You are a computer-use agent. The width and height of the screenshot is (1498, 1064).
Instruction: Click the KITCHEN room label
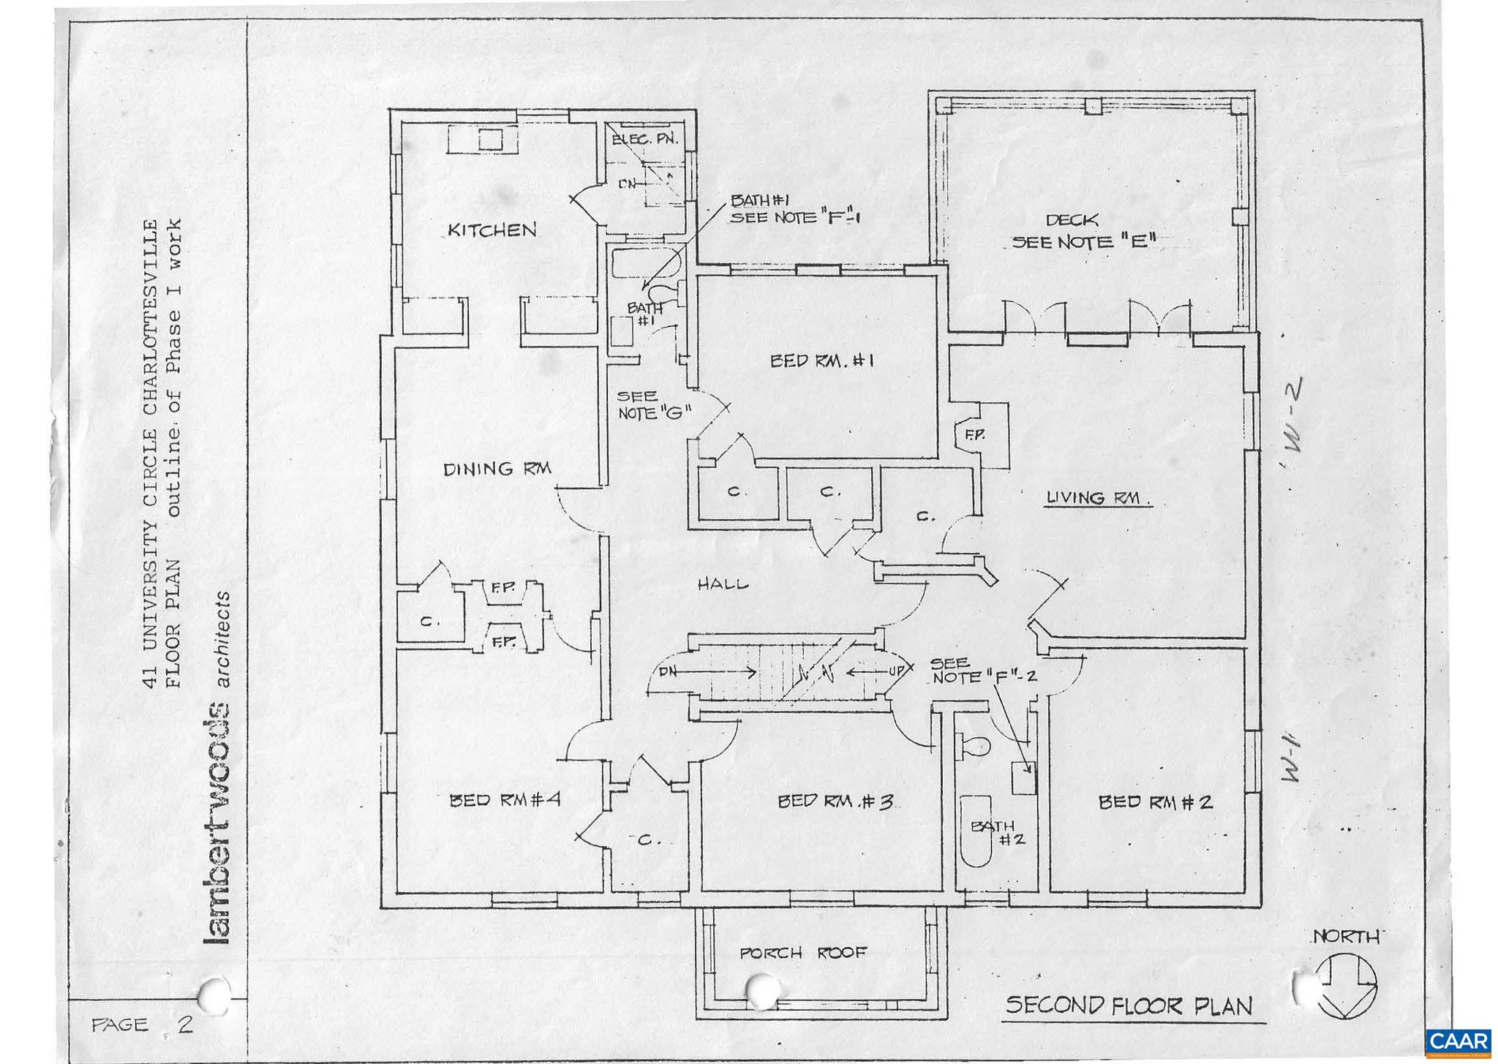pos(492,230)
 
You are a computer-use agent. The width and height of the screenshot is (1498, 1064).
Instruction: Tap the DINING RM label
pos(497,469)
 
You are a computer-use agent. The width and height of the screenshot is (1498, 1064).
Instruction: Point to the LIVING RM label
pos(1096,498)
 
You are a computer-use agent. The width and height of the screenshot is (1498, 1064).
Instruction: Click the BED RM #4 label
pos(504,799)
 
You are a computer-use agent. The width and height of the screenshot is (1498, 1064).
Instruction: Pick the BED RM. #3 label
pos(835,801)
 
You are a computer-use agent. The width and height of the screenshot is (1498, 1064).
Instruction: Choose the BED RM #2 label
pos(1156,802)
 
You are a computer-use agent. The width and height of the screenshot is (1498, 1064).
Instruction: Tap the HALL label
pos(722,584)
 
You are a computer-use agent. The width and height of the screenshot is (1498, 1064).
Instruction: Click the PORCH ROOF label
pos(802,953)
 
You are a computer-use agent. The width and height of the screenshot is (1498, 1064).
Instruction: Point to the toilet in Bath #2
pos(974,747)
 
